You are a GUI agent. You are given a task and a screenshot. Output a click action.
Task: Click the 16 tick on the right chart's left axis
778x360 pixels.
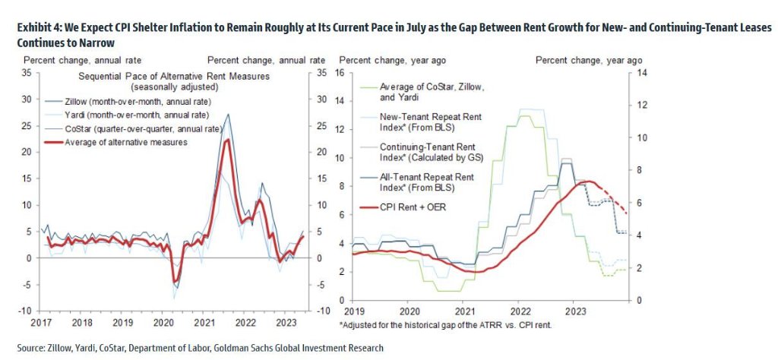[x=341, y=73]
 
